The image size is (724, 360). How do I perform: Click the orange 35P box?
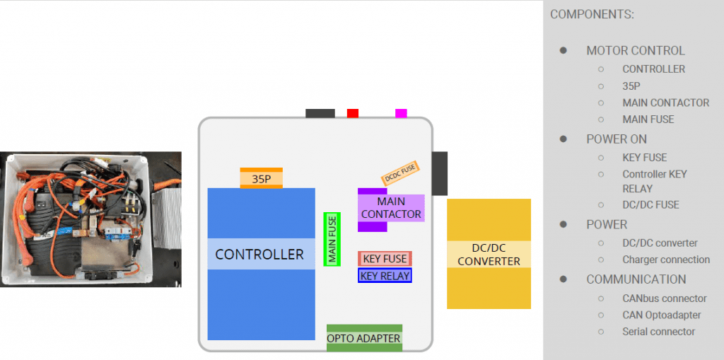click(x=262, y=178)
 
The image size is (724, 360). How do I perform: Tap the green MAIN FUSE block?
click(x=332, y=239)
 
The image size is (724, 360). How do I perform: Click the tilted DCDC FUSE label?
click(x=400, y=173)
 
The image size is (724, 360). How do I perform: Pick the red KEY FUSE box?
click(x=385, y=259)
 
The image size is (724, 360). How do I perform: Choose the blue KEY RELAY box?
click(x=385, y=275)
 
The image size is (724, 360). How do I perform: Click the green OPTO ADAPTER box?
click(x=364, y=338)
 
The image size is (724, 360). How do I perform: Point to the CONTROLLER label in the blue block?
click(x=259, y=254)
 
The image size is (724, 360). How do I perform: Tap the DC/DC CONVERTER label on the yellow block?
click(x=489, y=255)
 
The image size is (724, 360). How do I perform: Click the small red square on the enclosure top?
click(x=353, y=113)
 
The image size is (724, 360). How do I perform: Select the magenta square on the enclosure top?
click(x=402, y=113)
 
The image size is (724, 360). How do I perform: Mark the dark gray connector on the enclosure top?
click(x=320, y=113)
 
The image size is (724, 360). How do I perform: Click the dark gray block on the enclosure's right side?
click(x=440, y=173)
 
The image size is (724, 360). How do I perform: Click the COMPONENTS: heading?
click(x=592, y=14)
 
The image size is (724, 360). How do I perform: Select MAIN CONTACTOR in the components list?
click(x=665, y=103)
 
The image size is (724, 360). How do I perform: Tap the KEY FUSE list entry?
click(x=645, y=158)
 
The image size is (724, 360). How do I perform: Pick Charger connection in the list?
click(x=666, y=260)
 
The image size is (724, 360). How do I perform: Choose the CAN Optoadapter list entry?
click(x=662, y=315)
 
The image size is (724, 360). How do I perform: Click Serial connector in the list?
click(x=658, y=332)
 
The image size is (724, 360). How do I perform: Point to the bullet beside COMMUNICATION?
click(x=563, y=279)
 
